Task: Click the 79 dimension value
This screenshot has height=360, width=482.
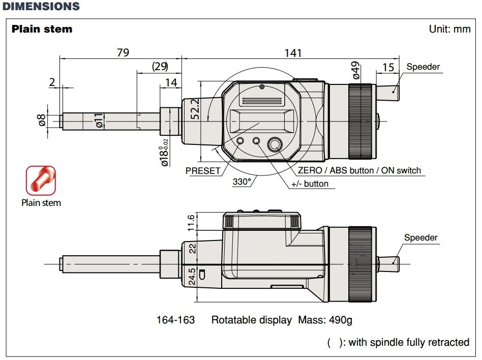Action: (x=123, y=53)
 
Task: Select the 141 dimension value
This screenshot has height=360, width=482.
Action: (x=293, y=53)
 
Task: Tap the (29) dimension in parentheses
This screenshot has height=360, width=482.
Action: (x=160, y=67)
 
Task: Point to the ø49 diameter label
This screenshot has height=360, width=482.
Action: (x=356, y=70)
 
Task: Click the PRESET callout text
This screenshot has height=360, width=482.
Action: (x=203, y=171)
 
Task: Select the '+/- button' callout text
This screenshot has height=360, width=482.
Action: (x=310, y=184)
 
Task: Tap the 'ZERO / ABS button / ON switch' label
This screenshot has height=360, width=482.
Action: (x=359, y=170)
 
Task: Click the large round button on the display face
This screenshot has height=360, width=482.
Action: (x=275, y=145)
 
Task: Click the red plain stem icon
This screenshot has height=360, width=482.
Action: (x=40, y=179)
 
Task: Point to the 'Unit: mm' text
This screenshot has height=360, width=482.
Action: (x=449, y=29)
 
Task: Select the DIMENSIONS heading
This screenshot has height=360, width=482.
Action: (x=41, y=7)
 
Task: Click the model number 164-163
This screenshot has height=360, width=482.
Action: (x=175, y=320)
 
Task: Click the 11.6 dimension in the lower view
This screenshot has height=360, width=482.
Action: (x=191, y=222)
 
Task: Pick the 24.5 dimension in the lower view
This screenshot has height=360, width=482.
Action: (x=192, y=277)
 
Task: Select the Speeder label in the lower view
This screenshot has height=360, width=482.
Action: (x=420, y=237)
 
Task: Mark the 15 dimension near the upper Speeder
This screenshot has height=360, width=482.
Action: (x=388, y=67)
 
